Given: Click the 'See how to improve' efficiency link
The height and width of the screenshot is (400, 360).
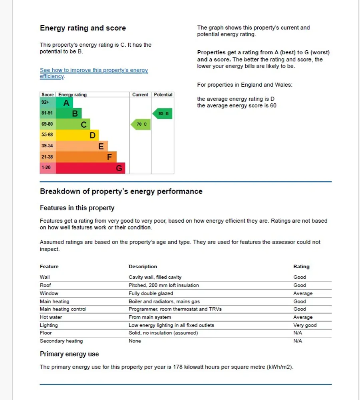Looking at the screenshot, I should click(93, 71).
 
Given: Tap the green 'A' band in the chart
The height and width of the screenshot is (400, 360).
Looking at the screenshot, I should click(64, 103).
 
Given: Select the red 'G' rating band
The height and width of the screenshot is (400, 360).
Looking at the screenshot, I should click(90, 168).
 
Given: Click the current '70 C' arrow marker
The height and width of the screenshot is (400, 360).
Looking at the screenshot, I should click(140, 125).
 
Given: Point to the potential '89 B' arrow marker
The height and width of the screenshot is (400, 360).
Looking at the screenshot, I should click(163, 114).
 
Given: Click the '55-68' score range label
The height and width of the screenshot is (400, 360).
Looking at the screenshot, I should click(47, 135).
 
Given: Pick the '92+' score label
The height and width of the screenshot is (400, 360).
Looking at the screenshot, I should click(45, 103).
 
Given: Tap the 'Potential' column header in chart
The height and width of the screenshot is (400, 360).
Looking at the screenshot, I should click(163, 95).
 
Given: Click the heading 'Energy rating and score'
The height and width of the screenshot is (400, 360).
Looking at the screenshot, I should click(83, 28).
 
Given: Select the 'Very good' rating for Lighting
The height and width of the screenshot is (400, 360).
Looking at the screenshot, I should click(305, 325).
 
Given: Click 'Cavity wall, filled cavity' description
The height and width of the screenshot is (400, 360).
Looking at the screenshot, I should click(155, 277).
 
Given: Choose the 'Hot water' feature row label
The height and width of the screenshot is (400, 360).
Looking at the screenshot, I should click(51, 317).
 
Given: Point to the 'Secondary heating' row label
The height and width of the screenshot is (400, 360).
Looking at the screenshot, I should click(61, 341).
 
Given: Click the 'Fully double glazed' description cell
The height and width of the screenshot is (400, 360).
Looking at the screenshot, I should click(151, 293).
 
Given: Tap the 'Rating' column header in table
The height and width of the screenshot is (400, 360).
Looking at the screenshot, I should click(301, 267).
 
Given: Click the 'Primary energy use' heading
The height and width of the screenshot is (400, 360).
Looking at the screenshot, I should click(69, 354).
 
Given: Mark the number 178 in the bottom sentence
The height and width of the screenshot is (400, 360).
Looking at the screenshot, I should click(178, 367).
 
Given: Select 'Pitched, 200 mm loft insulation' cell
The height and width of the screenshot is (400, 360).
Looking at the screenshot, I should click(163, 285).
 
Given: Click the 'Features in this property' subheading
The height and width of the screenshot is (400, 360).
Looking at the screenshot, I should click(77, 208).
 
